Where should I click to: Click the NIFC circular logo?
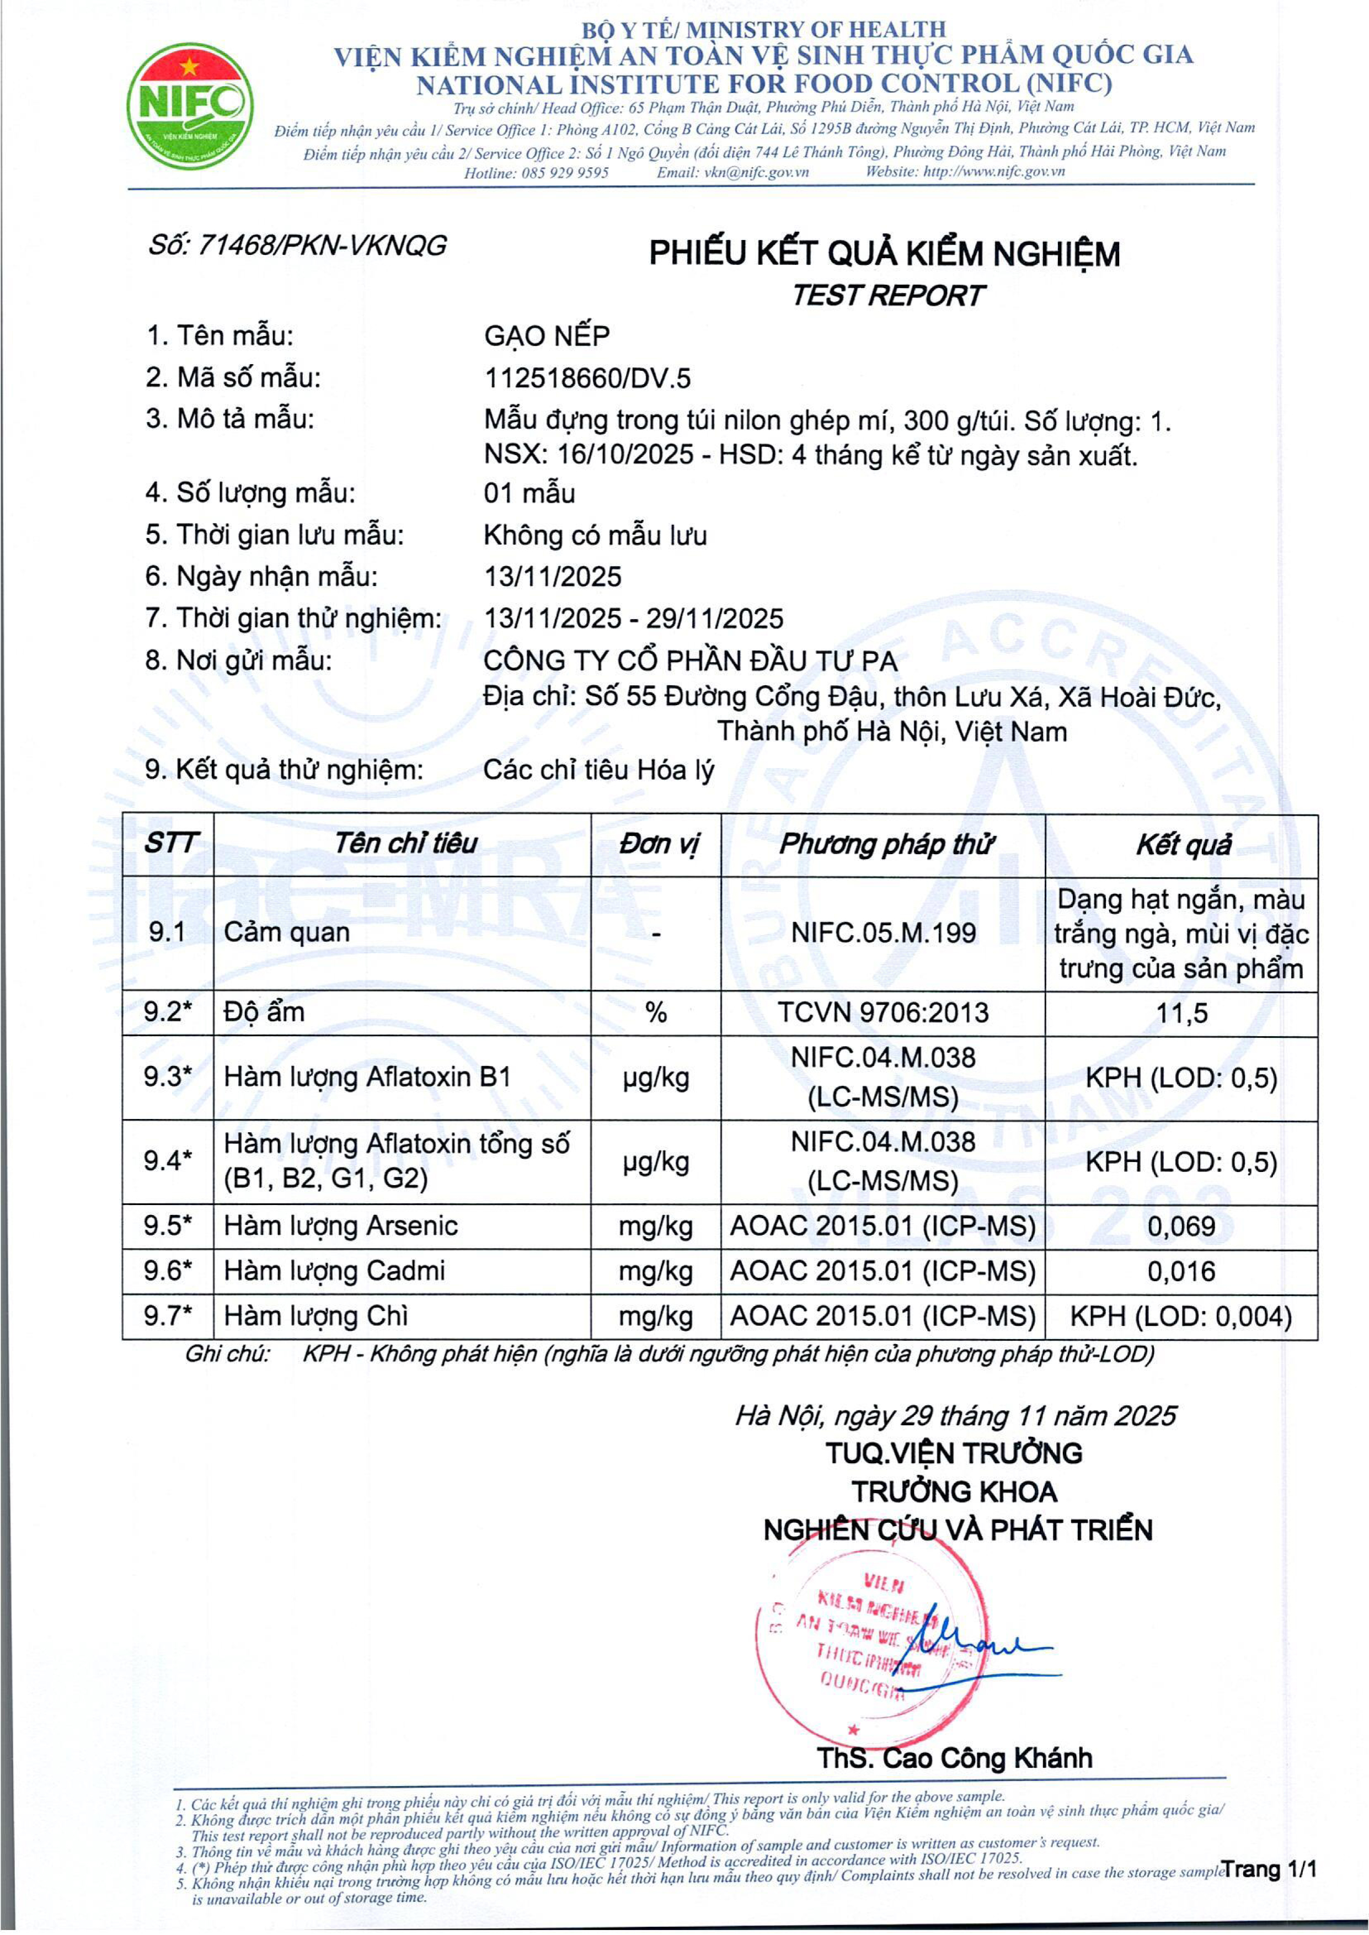click(x=190, y=107)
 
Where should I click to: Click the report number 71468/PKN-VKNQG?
click(x=297, y=246)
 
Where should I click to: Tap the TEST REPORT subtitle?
click(x=887, y=295)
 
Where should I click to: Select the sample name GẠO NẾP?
click(x=546, y=335)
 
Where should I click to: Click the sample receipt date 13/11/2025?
click(x=552, y=576)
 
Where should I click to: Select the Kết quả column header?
click(x=1182, y=844)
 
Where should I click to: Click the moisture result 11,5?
click(x=1182, y=1012)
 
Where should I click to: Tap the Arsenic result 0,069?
click(x=1182, y=1226)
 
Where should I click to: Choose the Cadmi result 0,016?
click(x=1182, y=1271)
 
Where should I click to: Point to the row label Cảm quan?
click(x=287, y=932)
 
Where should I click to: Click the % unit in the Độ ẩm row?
click(x=656, y=1012)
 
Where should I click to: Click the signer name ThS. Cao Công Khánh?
click(x=954, y=1758)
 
